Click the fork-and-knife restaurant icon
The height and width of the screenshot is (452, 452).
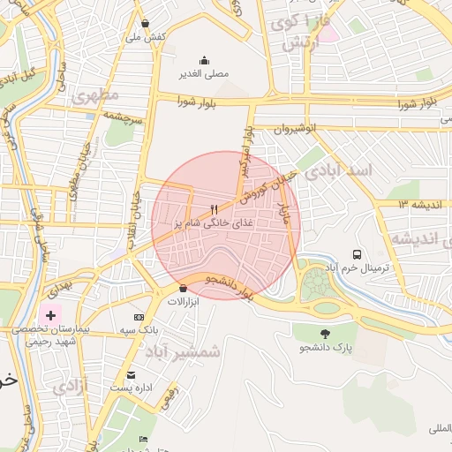point(213,209)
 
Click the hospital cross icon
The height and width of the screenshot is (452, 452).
point(50,313)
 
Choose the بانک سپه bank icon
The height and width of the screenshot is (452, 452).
point(139,317)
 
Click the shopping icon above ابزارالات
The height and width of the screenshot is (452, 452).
point(183,288)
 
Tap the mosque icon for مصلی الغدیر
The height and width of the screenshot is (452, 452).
point(205,61)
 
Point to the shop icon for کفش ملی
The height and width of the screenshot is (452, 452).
point(145,23)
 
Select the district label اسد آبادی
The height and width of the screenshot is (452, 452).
point(339,169)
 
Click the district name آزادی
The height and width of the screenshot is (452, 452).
point(70,386)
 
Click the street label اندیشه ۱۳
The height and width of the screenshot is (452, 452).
point(391,204)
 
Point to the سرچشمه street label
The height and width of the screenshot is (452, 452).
point(123,115)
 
